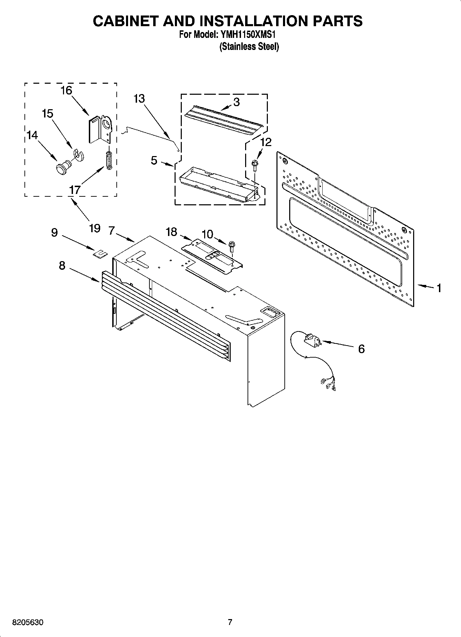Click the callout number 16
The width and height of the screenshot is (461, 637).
(66, 91)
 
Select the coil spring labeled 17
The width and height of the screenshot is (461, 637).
(109, 160)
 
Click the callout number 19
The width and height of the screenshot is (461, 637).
(94, 228)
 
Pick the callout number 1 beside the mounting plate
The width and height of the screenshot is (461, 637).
(439, 288)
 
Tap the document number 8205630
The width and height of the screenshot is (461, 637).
(28, 623)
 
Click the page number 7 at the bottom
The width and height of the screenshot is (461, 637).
(230, 622)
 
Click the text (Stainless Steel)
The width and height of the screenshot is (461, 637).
(249, 47)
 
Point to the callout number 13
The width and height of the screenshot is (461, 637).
(139, 99)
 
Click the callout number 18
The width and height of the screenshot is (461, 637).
(171, 232)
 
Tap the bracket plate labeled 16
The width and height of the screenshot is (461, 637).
(100, 130)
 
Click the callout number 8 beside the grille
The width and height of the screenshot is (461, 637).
(62, 266)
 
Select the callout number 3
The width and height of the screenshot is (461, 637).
(236, 102)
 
